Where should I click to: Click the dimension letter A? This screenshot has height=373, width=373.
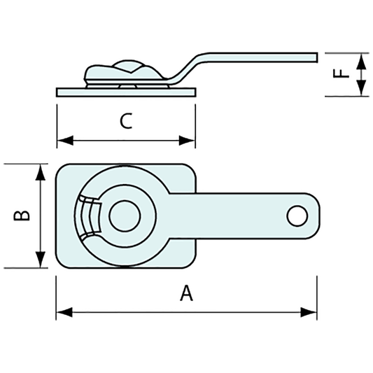pos(186,294)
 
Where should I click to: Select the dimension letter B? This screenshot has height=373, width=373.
pos(22,216)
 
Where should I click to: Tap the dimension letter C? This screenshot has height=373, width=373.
pos(125,122)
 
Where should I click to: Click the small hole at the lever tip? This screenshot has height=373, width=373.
pos(297,215)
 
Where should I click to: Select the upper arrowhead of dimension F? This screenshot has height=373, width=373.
pos(361,59)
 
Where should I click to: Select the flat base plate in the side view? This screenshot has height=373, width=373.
pos(126,91)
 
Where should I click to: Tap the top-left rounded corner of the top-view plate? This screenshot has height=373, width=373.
pos(62,170)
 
